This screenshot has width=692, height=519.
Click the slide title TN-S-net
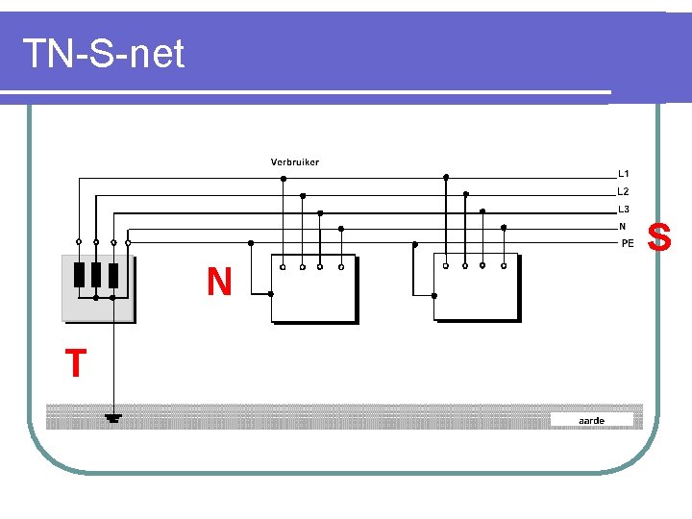click(x=103, y=54)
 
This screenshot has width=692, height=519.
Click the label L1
click(x=624, y=174)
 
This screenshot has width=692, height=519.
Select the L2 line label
click(x=624, y=191)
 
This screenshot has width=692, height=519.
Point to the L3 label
click(x=624, y=209)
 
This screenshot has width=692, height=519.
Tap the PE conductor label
click(x=628, y=243)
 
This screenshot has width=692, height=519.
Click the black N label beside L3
click(x=622, y=226)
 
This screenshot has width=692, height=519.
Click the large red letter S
click(x=660, y=235)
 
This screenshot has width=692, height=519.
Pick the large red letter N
click(x=219, y=282)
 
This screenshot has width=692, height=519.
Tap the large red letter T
click(x=75, y=364)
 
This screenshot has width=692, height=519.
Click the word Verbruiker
click(x=294, y=161)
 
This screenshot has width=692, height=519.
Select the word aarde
click(x=592, y=420)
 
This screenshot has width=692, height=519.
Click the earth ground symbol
click(x=112, y=418)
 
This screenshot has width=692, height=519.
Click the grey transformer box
click(x=98, y=286)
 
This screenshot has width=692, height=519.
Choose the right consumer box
click(x=476, y=287)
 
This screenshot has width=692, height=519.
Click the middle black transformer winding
click(x=96, y=274)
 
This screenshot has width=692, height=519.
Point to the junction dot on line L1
click(x=284, y=178)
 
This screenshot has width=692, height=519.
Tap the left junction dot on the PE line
click(x=251, y=243)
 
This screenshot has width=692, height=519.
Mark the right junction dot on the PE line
click(x=414, y=244)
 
